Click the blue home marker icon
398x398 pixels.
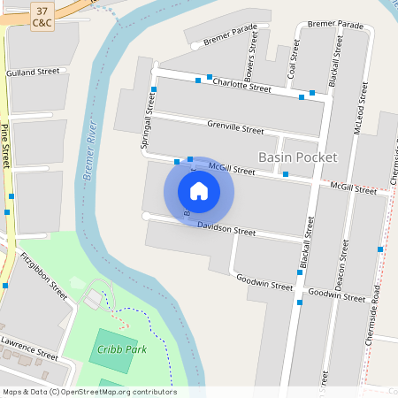tap(199, 190)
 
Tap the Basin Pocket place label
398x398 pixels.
tap(297, 157)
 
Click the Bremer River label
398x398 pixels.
tap(90, 151)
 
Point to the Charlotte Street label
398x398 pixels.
tap(241, 84)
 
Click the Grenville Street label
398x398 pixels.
tap(234, 128)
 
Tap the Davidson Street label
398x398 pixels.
tap(226, 230)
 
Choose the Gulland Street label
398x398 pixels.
tap(33, 71)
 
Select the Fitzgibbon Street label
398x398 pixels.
tap(43, 276)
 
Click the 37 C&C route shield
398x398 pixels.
tap(41, 15)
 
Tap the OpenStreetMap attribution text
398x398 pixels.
tap(89, 391)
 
